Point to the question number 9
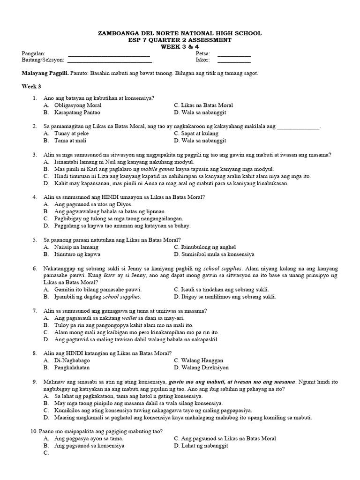tap(35, 382)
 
